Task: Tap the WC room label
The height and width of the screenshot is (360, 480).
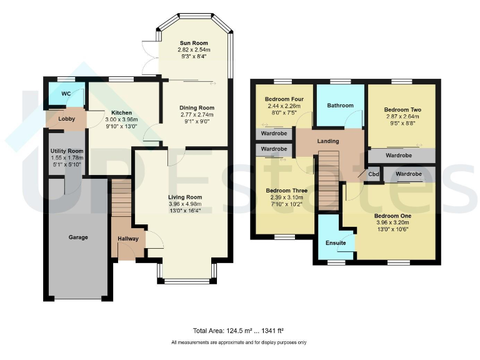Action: tap(66, 94)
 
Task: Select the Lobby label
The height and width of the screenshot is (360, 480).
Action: tap(66, 118)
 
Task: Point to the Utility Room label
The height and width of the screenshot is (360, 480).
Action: tap(66, 151)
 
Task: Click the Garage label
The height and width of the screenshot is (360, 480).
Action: tap(78, 237)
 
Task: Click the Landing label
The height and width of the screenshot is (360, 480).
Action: tap(328, 141)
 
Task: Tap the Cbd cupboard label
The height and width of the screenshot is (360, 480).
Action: tap(374, 174)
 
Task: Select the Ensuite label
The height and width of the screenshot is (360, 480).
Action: tap(336, 242)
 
